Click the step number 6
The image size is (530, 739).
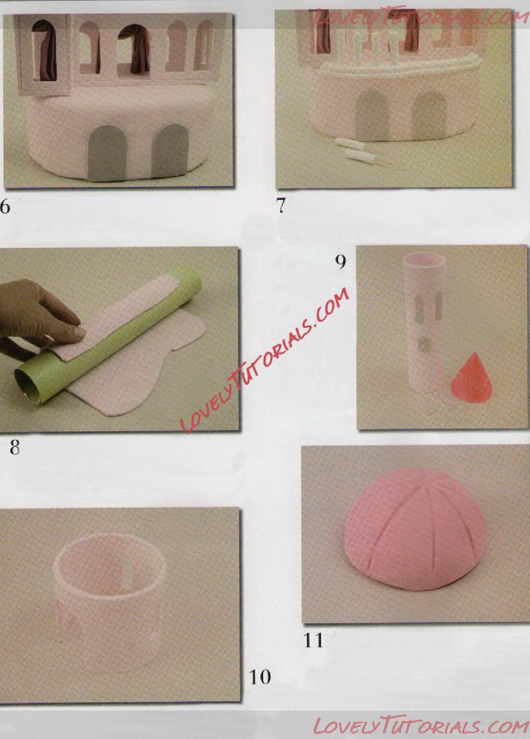pos(4,206)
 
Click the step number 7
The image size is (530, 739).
pos(281,206)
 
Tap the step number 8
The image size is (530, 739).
pos(15,447)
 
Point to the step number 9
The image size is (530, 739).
pos(341,261)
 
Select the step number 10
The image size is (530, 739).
pos(260,677)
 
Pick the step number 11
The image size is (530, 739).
pos(314,641)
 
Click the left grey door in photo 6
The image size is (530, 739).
pos(104,153)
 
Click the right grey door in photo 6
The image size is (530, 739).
pos(170,150)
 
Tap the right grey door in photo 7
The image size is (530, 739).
pos(429,115)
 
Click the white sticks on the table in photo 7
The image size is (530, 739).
pos(356,150)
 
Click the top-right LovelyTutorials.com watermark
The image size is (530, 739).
pos(419,18)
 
